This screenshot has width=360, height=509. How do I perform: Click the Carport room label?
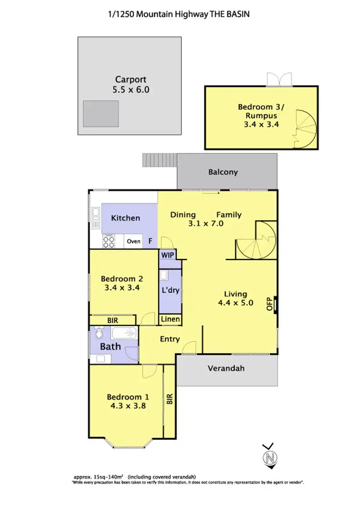130,80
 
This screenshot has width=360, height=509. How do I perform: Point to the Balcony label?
223,172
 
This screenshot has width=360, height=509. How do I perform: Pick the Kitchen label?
126,218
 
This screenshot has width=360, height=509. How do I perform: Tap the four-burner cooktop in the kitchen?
109,241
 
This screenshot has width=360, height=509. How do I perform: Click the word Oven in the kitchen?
133,241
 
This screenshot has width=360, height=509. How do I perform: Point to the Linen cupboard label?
170,319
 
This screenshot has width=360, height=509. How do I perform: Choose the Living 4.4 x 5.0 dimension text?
235,303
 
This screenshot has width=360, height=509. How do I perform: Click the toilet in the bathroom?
100,332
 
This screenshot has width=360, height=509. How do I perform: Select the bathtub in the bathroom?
123,332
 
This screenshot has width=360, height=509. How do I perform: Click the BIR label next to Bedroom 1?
169,399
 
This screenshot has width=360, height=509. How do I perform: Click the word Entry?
170,339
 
